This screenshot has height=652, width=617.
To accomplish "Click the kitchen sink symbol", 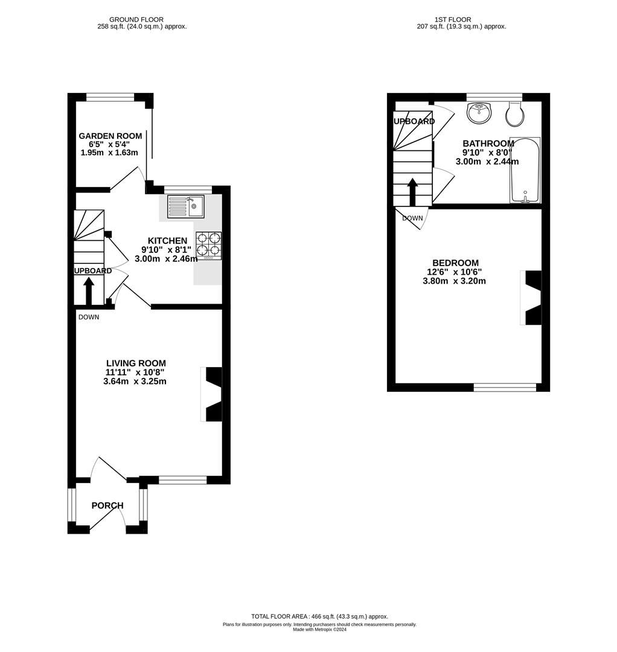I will (x=186, y=206).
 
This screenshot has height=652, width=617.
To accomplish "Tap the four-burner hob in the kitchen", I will (x=208, y=246).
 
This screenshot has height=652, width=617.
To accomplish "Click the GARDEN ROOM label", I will (x=110, y=136).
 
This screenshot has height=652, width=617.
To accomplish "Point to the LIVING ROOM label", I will (x=135, y=363).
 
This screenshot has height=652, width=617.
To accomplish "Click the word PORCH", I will (x=107, y=505).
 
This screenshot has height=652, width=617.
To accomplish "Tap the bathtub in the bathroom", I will (x=525, y=170).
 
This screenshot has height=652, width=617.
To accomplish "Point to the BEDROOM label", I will (x=455, y=263).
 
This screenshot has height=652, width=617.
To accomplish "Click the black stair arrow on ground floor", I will (x=89, y=291).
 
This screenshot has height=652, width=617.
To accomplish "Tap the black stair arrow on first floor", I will (x=412, y=193).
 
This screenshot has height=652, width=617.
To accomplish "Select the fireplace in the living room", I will (x=213, y=394).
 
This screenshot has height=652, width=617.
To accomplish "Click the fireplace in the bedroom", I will (x=532, y=298).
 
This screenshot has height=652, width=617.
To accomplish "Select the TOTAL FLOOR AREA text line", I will (x=319, y=616).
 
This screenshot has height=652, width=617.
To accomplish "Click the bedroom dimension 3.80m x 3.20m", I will (x=455, y=281).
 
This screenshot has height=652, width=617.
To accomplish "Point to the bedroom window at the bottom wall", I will (x=505, y=387).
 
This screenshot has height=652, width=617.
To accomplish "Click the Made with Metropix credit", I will (x=319, y=629).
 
